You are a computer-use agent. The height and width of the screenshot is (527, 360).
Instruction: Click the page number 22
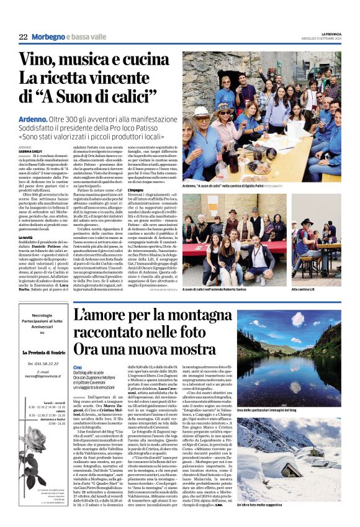tap(23, 37)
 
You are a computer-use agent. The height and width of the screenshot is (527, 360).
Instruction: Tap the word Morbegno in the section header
tap(48, 37)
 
